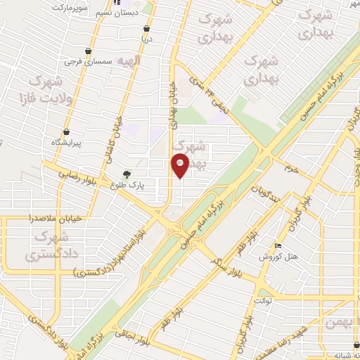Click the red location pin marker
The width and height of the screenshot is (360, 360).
click(x=180, y=167)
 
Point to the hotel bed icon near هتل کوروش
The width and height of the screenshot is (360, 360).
click(x=279, y=245)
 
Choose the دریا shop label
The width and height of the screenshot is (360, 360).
click(x=145, y=40)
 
